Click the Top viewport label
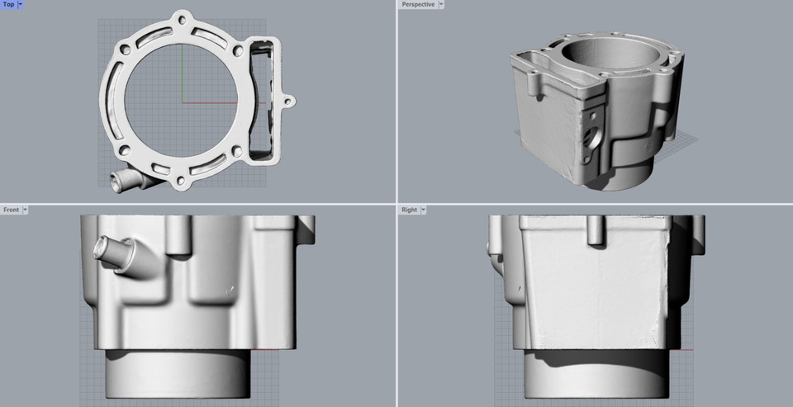tap(8, 5)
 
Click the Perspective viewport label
tap(418, 5)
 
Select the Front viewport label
tap(11, 210)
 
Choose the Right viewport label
tap(409, 210)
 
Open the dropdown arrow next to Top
tap(21, 5)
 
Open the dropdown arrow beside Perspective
tap(442, 5)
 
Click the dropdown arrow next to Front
tap(26, 210)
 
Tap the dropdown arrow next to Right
tap(424, 210)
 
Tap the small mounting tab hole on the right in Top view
tap(287, 102)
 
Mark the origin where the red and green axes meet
tap(182, 103)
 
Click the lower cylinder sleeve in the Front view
tap(178, 376)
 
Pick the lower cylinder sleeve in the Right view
tap(595, 376)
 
